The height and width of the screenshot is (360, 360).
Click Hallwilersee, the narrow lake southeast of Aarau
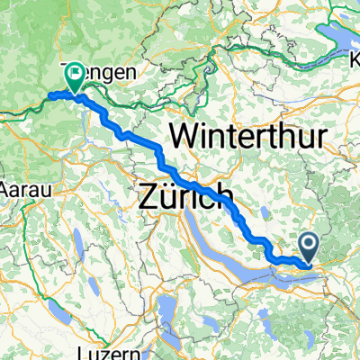tap(79, 240)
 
